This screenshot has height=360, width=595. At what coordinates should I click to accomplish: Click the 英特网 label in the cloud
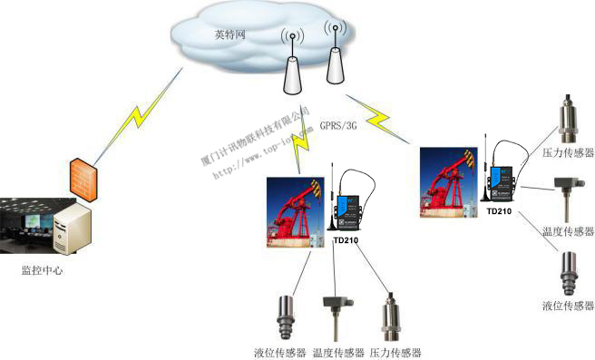tap(230, 35)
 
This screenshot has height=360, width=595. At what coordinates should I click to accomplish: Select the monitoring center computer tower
tap(71, 230)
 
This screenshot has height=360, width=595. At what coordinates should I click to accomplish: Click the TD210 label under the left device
tap(346, 241)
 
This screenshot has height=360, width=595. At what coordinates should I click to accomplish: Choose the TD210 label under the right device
tap(500, 212)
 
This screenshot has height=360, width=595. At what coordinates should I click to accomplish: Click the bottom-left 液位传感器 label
tap(280, 352)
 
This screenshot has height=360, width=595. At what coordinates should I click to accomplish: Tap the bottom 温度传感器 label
tap(338, 352)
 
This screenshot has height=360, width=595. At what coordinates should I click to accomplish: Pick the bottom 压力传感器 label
tap(395, 352)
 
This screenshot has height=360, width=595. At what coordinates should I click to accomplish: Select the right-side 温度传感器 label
tap(566, 232)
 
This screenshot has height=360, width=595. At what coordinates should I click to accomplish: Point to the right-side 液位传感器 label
tap(568, 306)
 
